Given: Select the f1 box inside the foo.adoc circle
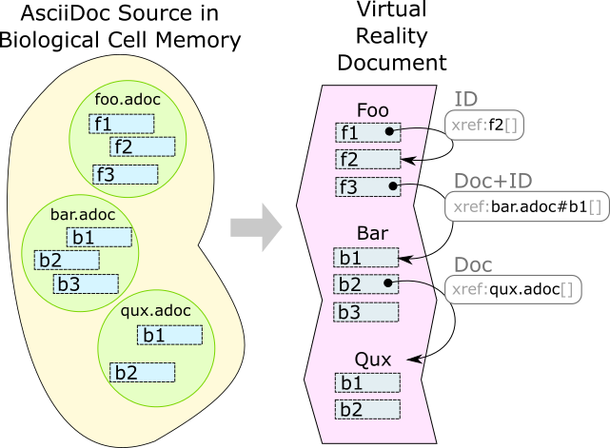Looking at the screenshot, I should pos(121,124).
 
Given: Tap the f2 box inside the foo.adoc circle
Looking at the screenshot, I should pos(142,146).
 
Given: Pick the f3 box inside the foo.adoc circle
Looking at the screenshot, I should pos(125,174).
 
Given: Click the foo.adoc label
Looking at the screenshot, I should pos(127,100).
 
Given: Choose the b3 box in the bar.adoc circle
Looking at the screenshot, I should pos(86,283).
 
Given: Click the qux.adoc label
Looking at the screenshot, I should pos(157,311).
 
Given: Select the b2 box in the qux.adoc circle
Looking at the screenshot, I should pos(142,372).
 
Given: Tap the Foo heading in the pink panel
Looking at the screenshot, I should pos(372,110).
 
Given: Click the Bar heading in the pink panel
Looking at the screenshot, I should pos(372,233).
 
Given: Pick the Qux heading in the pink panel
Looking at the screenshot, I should pos(373,360).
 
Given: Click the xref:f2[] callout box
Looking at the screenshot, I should pos(485,124).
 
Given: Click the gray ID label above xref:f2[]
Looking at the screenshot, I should pos(465,100).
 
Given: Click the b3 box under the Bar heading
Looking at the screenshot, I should pos(366,312).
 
